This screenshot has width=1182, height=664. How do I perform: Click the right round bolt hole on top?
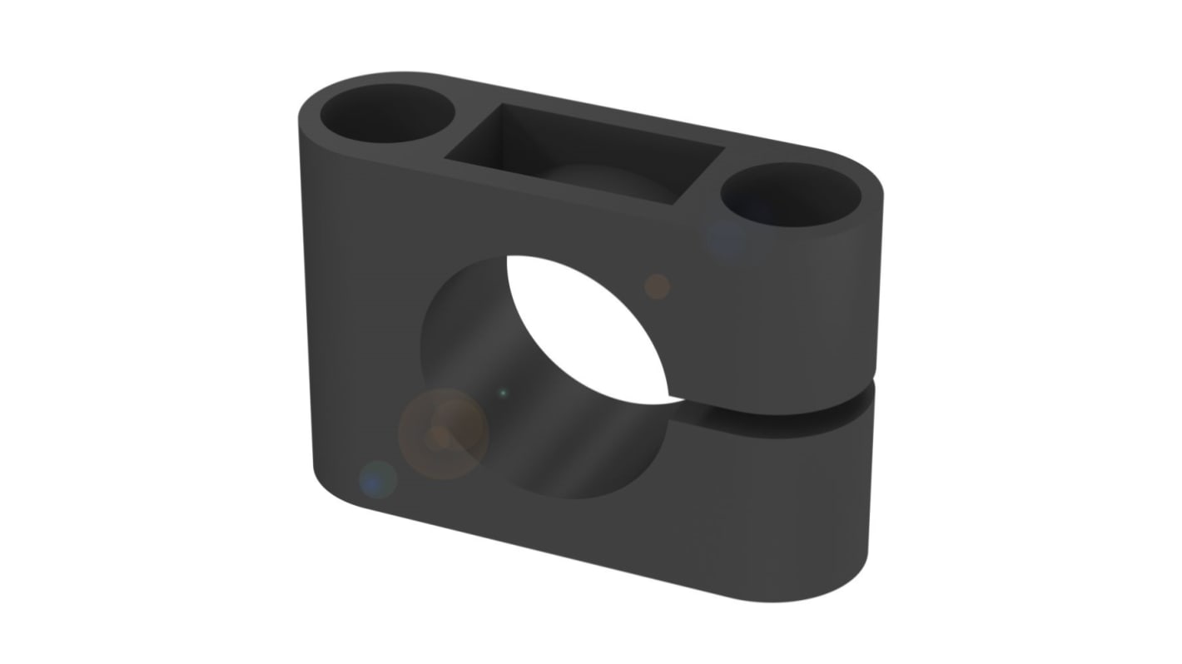[791, 194]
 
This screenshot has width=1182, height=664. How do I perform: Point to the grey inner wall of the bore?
[533, 416]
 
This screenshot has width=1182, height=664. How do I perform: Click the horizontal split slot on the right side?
[791, 414]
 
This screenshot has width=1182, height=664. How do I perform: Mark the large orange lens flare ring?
[442, 434]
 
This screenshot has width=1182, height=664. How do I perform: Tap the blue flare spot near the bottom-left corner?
[377, 479]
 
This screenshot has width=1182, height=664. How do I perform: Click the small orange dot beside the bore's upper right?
[657, 286]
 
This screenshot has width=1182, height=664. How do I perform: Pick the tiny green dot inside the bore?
[502, 392]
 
